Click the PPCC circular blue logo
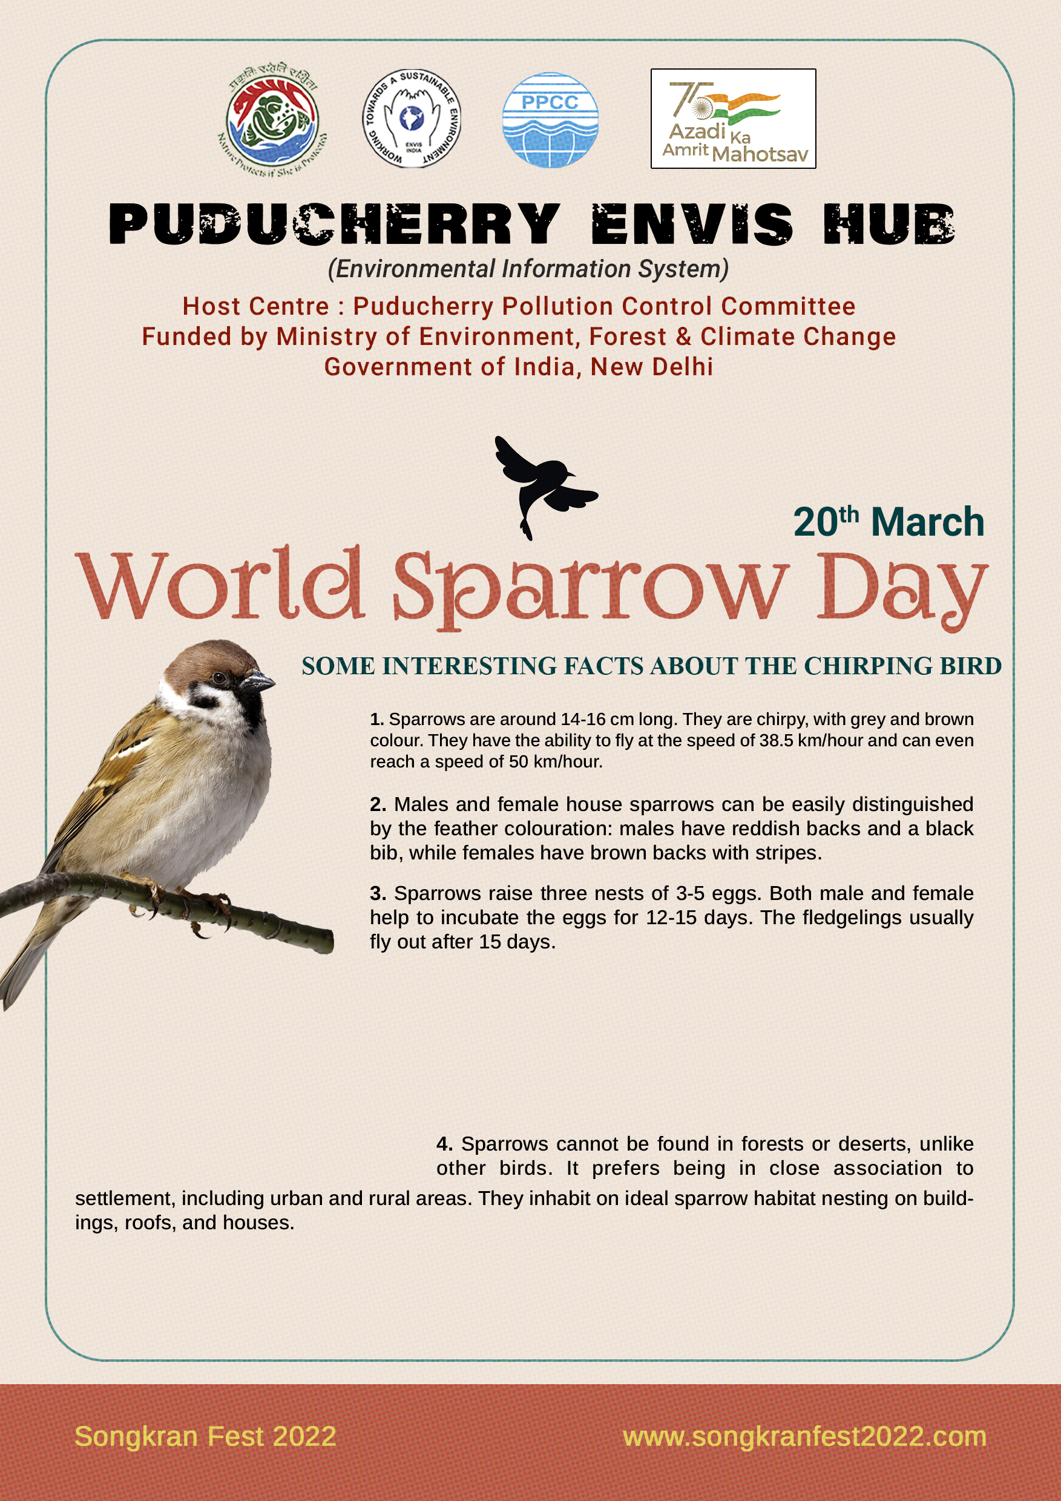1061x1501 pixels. pyautogui.click(x=550, y=120)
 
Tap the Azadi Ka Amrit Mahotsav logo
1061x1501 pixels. pyautogui.click(x=733, y=119)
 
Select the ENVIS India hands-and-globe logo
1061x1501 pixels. pyautogui.click(x=412, y=119)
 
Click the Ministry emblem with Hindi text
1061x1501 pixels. pyautogui.click(x=272, y=122)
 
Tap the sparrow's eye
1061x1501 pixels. pyautogui.click(x=220, y=677)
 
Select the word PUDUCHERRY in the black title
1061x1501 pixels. pyautogui.click(x=334, y=224)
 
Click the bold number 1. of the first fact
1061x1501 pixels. pyautogui.click(x=376, y=719)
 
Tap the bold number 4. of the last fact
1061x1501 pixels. pyautogui.click(x=444, y=1143)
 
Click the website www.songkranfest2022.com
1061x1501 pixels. pyautogui.click(x=804, y=1436)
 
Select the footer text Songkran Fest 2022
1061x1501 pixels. pyautogui.click(x=205, y=1436)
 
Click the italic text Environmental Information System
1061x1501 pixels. pyautogui.click(x=528, y=269)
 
